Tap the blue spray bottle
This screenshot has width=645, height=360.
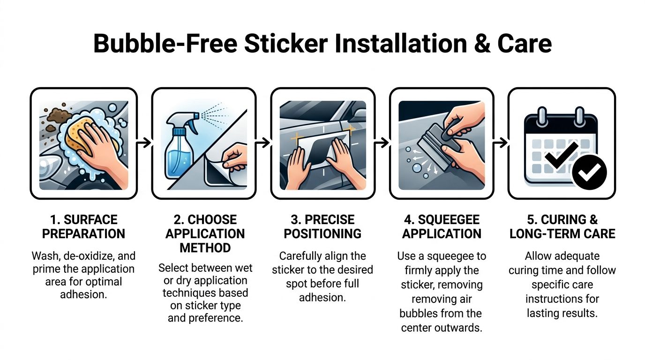pos(179,155)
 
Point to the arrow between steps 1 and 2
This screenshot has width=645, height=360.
pos(144,142)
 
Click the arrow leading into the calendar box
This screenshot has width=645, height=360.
pos(501,142)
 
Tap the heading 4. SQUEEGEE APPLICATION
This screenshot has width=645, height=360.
pos(442,226)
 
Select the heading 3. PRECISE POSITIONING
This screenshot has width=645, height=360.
pos(322,226)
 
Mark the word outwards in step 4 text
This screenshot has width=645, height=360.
pos(457,328)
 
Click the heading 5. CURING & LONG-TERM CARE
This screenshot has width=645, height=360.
pos(562,226)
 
